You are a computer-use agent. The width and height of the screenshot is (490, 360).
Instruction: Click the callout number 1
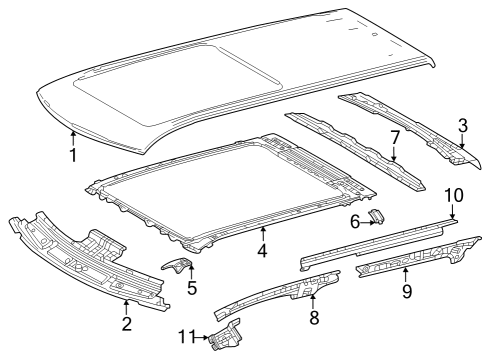(73, 155)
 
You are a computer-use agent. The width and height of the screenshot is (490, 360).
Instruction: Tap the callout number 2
(127, 324)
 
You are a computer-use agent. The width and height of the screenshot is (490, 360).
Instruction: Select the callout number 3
(463, 126)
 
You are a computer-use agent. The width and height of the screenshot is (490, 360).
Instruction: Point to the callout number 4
(262, 250)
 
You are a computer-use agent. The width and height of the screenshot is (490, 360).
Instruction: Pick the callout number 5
(192, 288)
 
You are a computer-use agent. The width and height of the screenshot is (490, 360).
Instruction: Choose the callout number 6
(355, 222)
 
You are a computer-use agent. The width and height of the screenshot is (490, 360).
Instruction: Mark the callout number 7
(394, 138)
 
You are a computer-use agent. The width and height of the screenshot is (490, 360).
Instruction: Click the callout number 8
(314, 317)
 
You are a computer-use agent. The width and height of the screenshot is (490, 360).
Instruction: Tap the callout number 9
(407, 291)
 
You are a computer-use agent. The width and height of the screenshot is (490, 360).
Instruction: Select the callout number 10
(454, 195)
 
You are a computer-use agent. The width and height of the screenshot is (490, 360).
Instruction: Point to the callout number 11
(187, 337)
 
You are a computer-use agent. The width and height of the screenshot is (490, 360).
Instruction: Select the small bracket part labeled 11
(225, 335)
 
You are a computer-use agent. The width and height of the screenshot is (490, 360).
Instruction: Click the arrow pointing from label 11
(201, 338)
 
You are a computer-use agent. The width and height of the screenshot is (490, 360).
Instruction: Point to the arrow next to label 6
(367, 222)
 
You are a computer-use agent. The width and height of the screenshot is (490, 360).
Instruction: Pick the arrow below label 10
(452, 211)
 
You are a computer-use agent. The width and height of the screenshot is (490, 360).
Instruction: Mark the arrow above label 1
(73, 139)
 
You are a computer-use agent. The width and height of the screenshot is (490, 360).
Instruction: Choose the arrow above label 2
(126, 308)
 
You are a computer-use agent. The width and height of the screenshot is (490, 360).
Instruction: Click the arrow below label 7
(394, 154)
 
